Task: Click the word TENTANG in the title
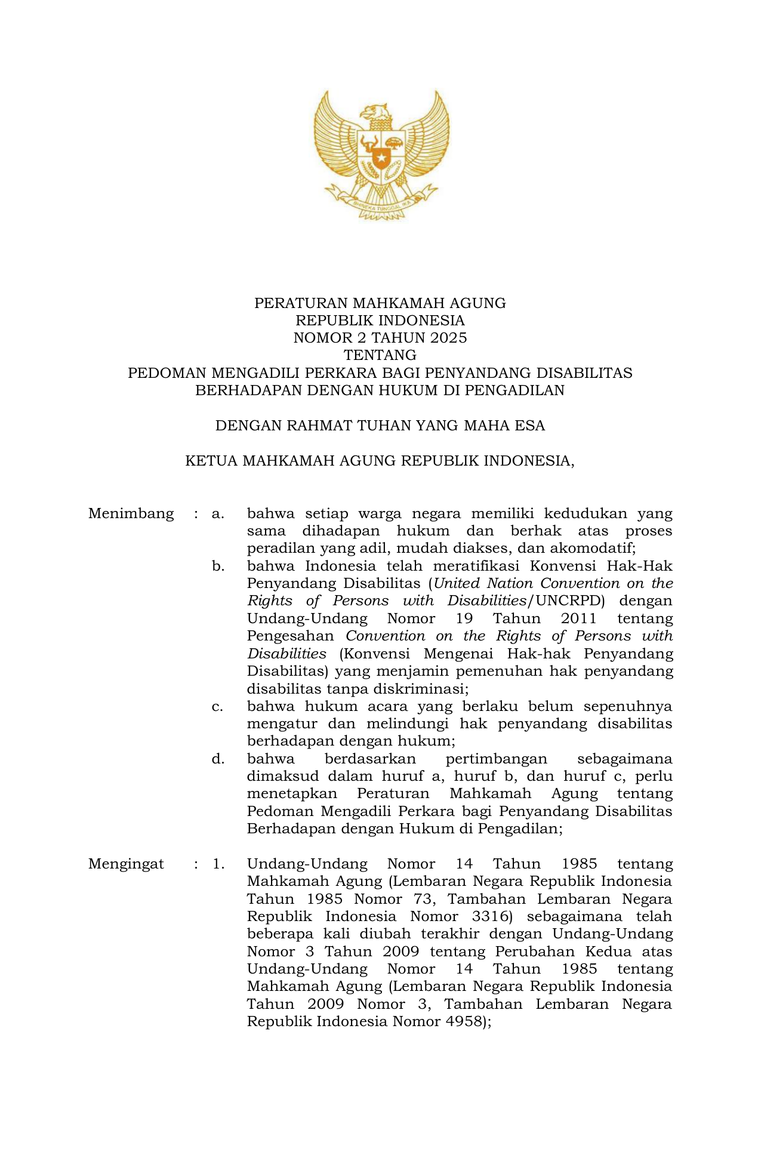coord(380,355)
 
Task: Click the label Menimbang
coord(131,513)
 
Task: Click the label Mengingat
coord(126,864)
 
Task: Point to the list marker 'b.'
coord(218,566)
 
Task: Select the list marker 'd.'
coord(218,759)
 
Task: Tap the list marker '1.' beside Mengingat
coord(218,864)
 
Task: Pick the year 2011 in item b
coord(579,618)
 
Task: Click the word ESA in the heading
coord(531,426)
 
